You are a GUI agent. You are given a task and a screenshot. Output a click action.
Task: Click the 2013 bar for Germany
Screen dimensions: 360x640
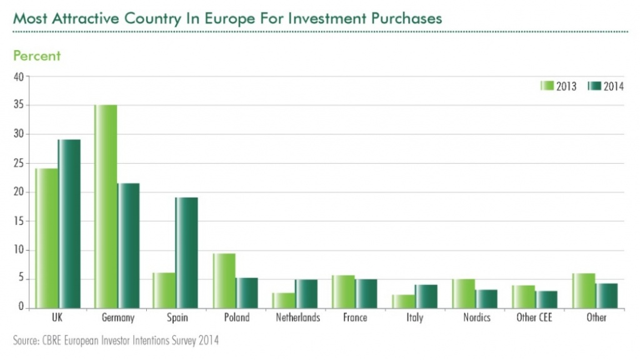[105, 206]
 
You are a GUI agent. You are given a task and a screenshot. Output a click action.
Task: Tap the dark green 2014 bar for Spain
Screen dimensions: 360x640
[186, 252]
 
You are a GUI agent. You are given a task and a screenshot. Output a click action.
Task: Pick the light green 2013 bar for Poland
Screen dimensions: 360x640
[224, 281]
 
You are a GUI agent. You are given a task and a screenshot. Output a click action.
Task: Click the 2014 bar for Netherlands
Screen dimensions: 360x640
[306, 294]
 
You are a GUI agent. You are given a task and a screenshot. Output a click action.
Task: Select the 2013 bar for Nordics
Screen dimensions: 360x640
[463, 293]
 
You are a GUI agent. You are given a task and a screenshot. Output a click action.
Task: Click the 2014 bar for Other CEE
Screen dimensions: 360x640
[546, 299]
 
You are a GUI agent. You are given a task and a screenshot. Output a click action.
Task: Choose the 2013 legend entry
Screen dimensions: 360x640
[559, 86]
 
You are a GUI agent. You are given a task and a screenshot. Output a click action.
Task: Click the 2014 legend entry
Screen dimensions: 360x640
[606, 86]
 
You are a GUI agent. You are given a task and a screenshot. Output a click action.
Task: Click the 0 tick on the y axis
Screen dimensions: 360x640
[21, 307]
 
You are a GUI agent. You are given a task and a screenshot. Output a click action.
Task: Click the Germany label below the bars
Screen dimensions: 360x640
[117, 317]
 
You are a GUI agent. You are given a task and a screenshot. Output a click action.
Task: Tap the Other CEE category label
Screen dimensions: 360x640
[534, 317]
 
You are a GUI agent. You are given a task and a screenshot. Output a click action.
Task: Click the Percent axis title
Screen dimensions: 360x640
[37, 56]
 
